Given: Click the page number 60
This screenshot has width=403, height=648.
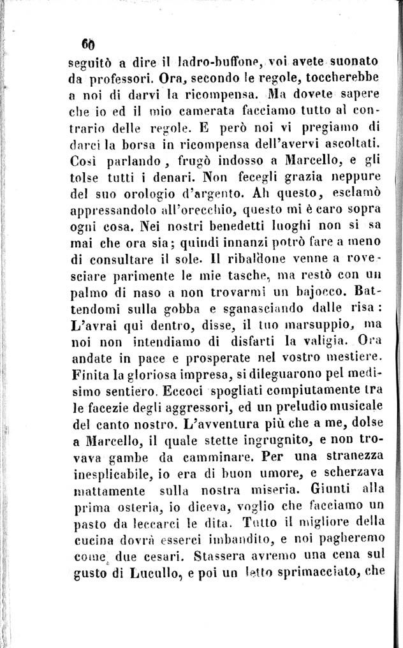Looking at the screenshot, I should click(x=87, y=45).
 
